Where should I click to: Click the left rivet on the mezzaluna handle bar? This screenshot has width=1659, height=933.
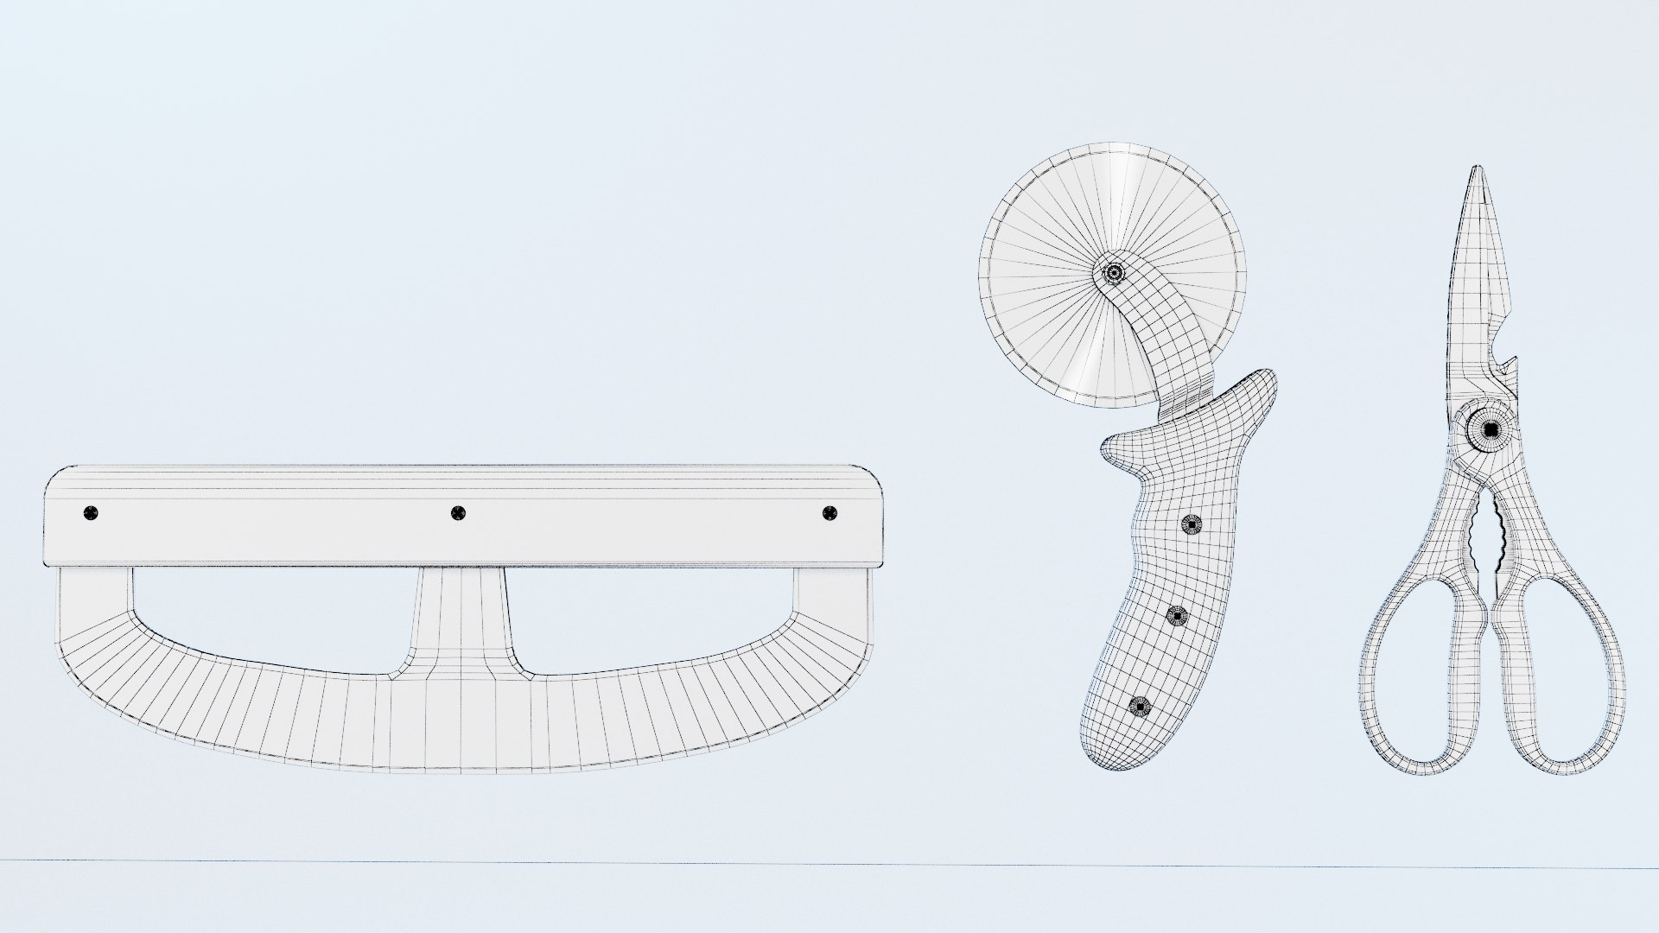[x=91, y=513]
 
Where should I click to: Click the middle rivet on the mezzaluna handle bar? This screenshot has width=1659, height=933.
[x=459, y=514]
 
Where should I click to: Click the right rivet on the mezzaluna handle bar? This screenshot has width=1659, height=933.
[x=830, y=513]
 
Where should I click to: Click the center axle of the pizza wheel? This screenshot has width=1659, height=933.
[x=1115, y=273]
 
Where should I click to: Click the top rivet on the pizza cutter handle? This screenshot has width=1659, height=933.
[x=1192, y=524]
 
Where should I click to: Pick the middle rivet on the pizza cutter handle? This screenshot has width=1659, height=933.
[x=1177, y=615]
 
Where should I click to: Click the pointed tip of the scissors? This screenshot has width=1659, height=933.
[x=1478, y=173]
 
